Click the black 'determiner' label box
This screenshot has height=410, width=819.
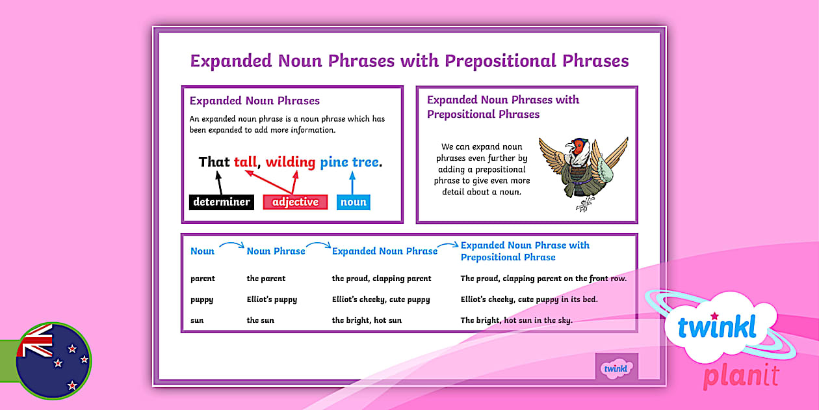(221, 202)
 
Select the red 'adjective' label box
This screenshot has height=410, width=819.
(295, 202)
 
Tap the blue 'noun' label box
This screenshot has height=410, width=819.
(354, 202)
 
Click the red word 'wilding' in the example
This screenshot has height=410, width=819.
(290, 162)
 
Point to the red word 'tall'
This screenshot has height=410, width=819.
(245, 162)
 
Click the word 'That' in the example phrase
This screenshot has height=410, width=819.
(214, 162)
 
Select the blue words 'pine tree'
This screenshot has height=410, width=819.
(349, 162)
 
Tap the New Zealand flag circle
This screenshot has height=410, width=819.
(53, 360)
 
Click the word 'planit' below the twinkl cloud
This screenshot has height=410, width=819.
(740, 377)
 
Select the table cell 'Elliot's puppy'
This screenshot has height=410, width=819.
(272, 299)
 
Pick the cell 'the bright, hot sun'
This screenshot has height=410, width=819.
(367, 320)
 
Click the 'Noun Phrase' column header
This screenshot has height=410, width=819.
(276, 251)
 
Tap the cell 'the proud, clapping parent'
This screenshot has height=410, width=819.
(381, 279)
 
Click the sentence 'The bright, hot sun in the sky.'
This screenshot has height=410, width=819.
(516, 320)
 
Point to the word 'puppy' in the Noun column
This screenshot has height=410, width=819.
(201, 299)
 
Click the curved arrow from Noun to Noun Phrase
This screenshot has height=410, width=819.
(231, 245)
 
